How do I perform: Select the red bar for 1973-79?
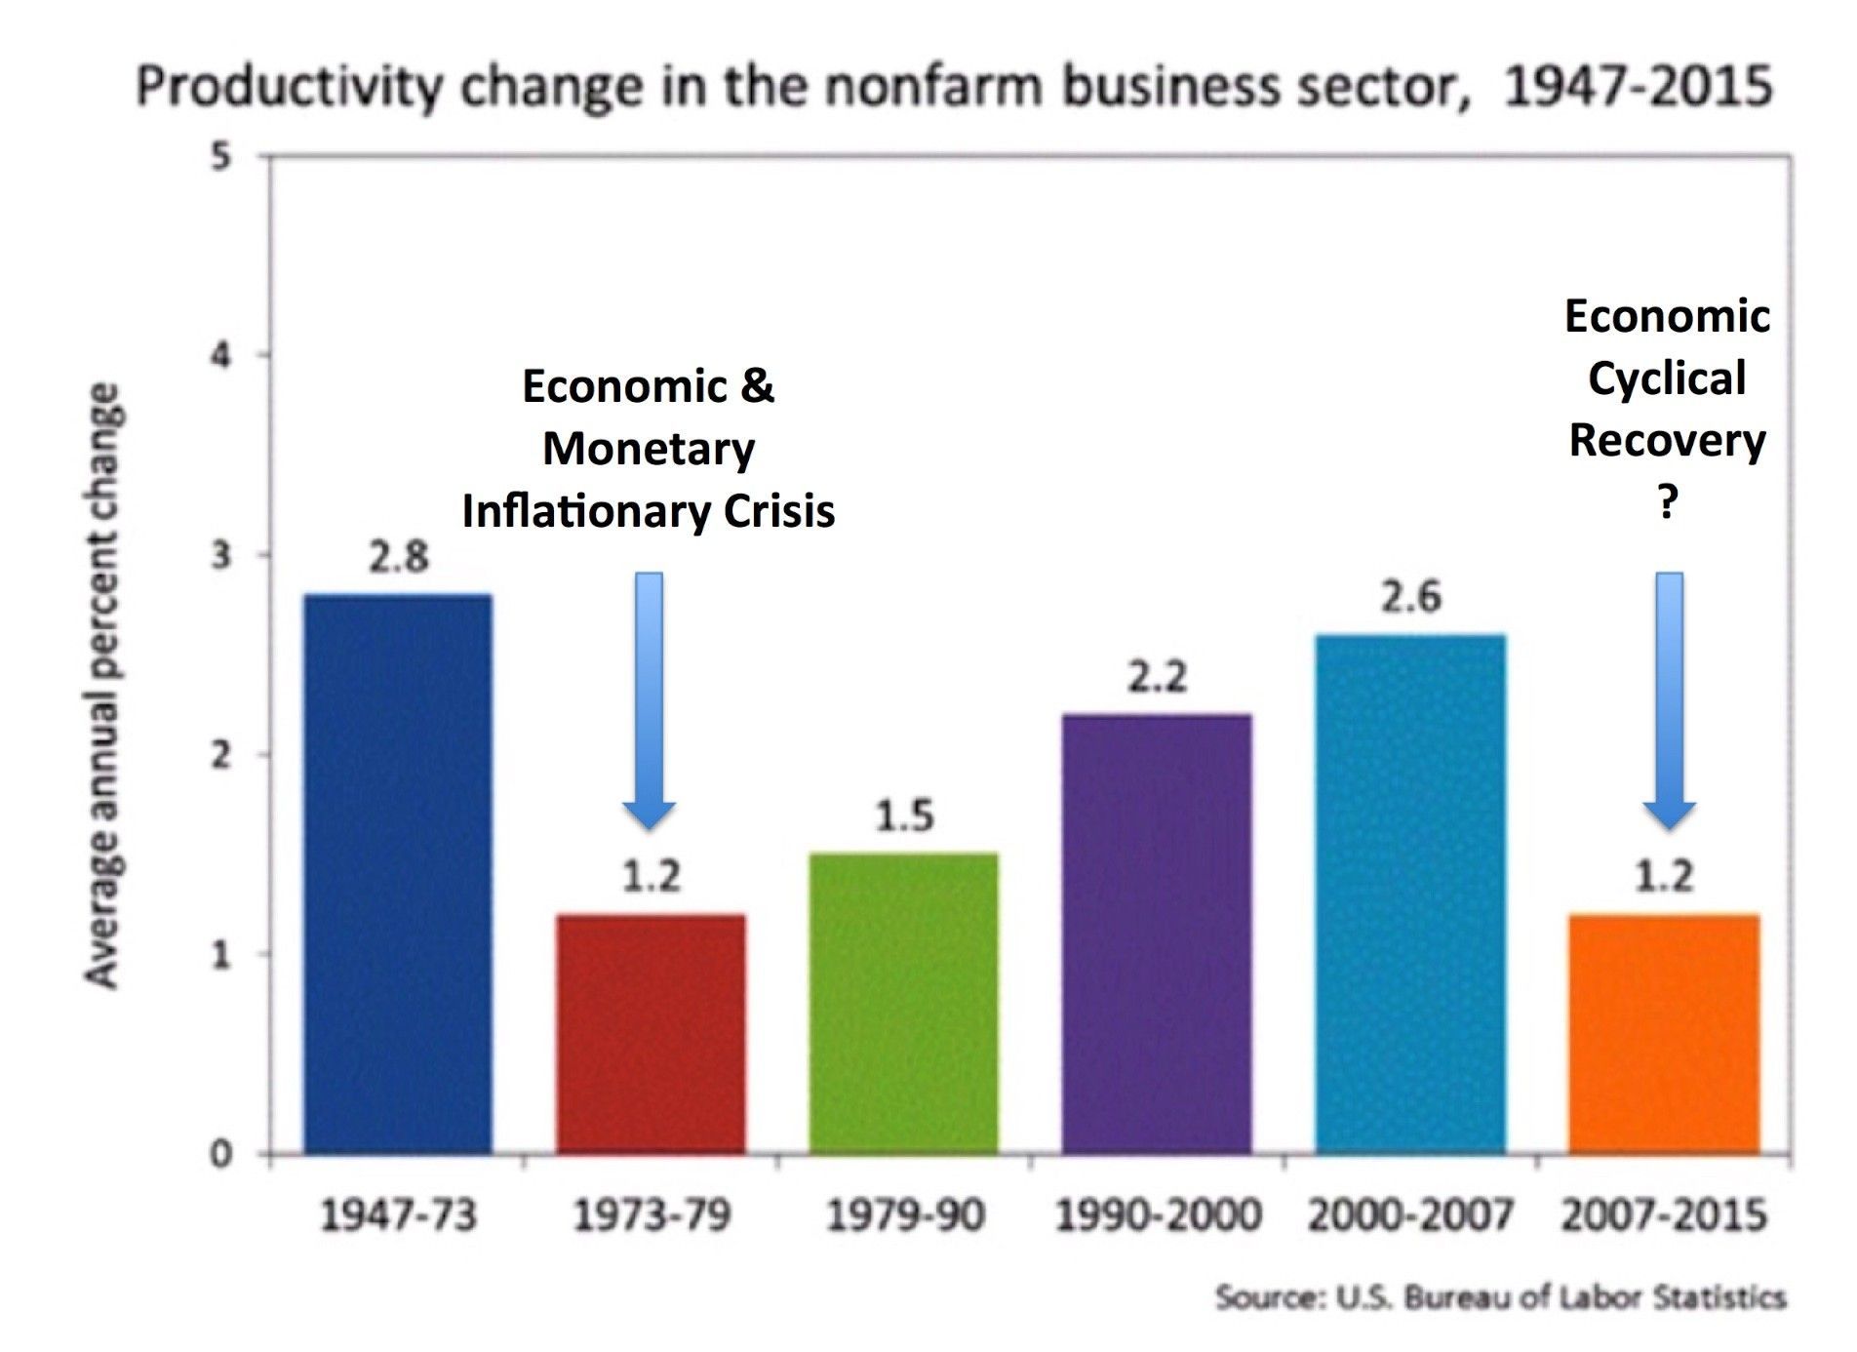(651, 1034)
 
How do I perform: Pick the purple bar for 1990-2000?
(1157, 934)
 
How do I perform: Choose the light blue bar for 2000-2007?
(1410, 894)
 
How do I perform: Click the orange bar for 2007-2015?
(1663, 1034)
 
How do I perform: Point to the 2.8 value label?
(398, 558)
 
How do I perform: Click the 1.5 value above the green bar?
(904, 816)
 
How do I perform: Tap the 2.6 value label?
(1410, 597)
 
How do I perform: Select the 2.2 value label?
(1157, 677)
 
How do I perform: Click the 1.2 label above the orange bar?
(1664, 876)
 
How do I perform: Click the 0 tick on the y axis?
(222, 1154)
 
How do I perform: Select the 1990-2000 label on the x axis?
(1158, 1215)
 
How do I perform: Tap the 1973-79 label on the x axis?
(652, 1215)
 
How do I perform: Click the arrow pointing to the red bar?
(650, 698)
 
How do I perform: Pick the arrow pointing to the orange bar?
(1669, 698)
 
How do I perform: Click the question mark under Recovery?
(1668, 503)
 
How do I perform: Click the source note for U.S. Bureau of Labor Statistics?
(1500, 1298)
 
